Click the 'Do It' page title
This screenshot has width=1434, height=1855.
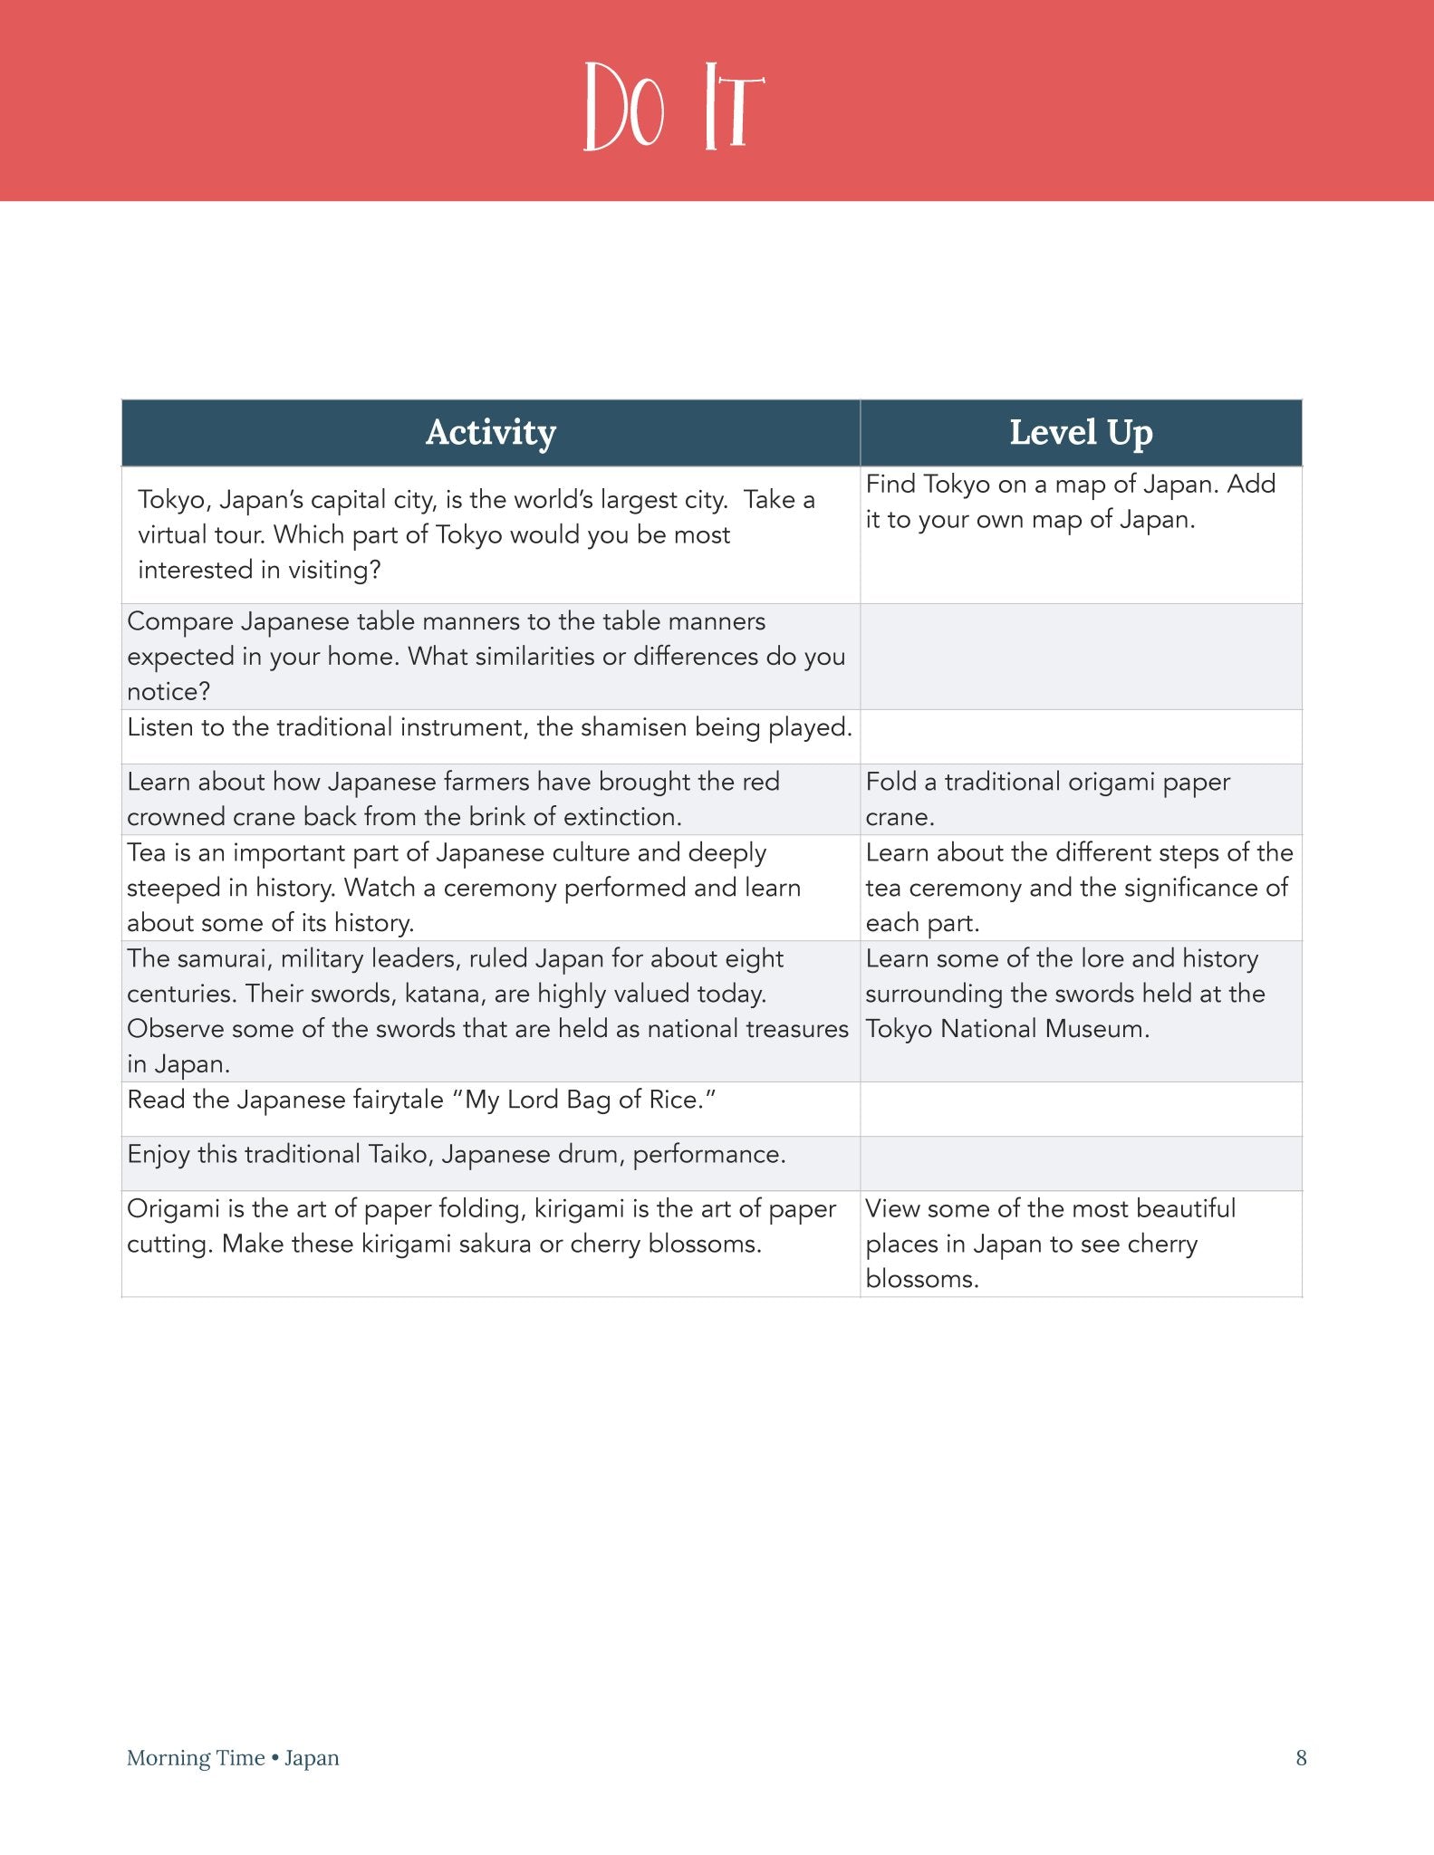[x=674, y=107]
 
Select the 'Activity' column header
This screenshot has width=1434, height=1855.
[x=490, y=433]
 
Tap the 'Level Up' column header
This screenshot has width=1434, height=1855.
[x=1081, y=433]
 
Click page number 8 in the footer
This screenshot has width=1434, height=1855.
[x=1301, y=1757]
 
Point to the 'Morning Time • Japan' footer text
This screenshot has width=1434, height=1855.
[x=233, y=1757]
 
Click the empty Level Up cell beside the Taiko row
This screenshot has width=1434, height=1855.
[x=1080, y=1163]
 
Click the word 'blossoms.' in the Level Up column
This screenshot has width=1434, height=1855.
[x=921, y=1279]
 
